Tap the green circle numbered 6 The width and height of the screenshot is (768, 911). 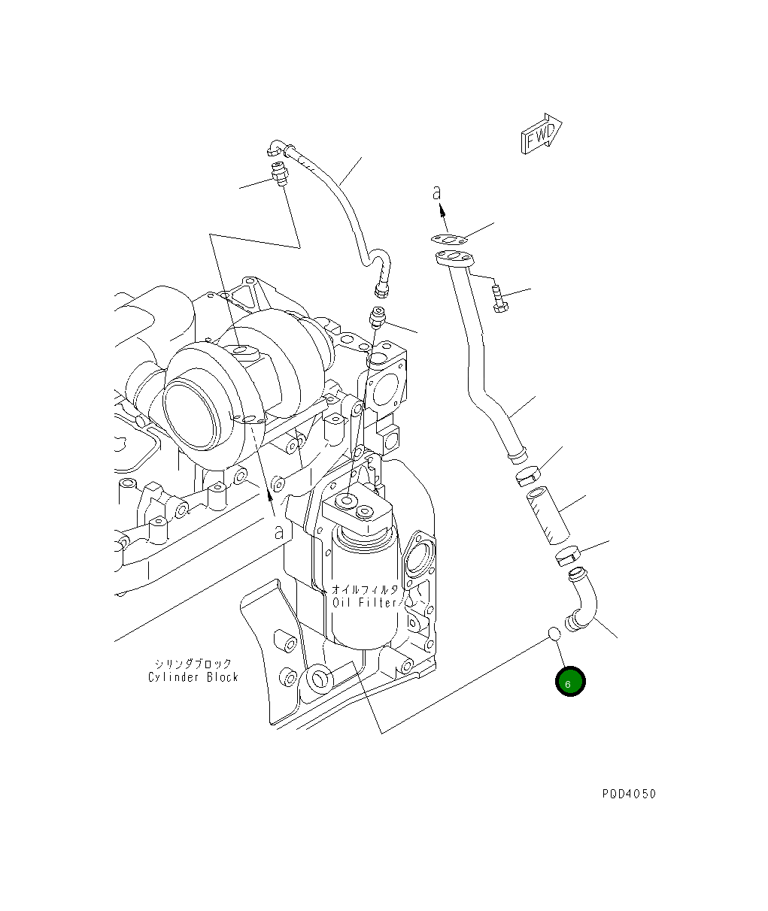click(569, 682)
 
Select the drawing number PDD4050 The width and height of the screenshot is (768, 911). click(628, 794)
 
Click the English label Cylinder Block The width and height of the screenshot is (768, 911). click(193, 677)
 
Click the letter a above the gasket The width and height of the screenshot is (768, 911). click(436, 193)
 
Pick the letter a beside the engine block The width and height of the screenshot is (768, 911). click(279, 532)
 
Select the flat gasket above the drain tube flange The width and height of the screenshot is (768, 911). click(450, 240)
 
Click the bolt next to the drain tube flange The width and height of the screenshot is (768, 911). click(499, 298)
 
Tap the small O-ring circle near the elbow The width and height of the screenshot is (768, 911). click(554, 633)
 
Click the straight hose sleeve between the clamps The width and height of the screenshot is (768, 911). click(548, 515)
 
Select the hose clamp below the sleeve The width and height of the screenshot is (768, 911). click(567, 557)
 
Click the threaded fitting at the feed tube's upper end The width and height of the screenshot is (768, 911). click(279, 174)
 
